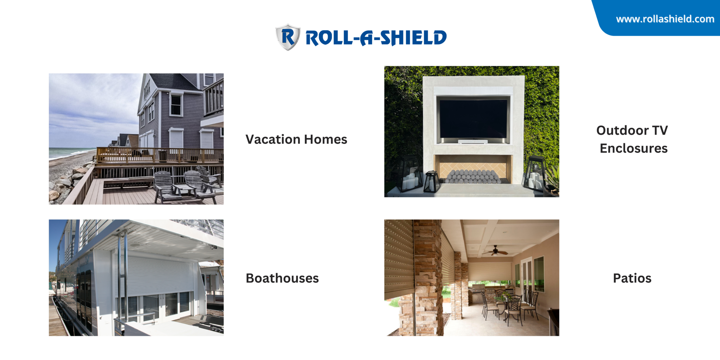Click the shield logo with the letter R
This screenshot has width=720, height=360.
288,37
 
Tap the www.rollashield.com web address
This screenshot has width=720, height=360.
665,19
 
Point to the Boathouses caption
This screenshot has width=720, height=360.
282,278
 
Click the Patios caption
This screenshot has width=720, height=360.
632,278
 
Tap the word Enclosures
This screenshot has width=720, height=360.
634,148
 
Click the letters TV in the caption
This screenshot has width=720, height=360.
660,130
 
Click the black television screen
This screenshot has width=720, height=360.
473,119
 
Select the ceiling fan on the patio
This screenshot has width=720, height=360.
495,251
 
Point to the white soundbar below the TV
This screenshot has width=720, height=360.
473,142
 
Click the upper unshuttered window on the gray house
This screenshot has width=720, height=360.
175,105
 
